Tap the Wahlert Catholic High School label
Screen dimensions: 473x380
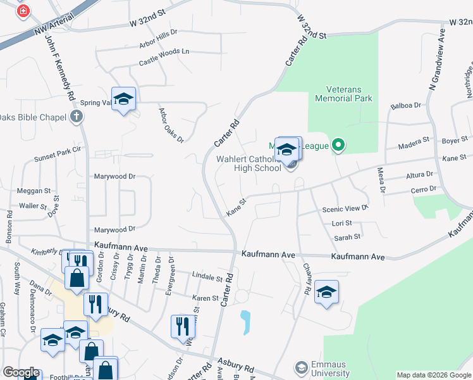pyautogui.click(x=249, y=163)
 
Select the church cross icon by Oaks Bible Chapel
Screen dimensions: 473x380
pyautogui.click(x=76, y=116)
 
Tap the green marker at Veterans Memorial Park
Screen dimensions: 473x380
pyautogui.click(x=338, y=146)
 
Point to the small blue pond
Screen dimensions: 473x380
pyautogui.click(x=244, y=322)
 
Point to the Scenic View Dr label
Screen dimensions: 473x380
pyautogui.click(x=345, y=208)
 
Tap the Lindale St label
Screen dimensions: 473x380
pyautogui.click(x=208, y=276)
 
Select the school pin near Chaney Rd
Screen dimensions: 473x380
pyautogui.click(x=326, y=292)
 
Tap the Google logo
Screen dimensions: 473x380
pyautogui.click(x=21, y=372)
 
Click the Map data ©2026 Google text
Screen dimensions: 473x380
pyautogui.click(x=434, y=375)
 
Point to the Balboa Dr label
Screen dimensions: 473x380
pyautogui.click(x=406, y=106)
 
